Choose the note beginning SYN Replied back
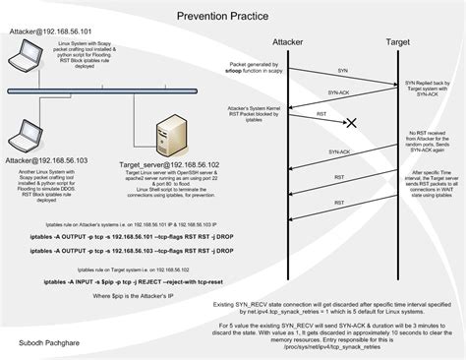point(430,88)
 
